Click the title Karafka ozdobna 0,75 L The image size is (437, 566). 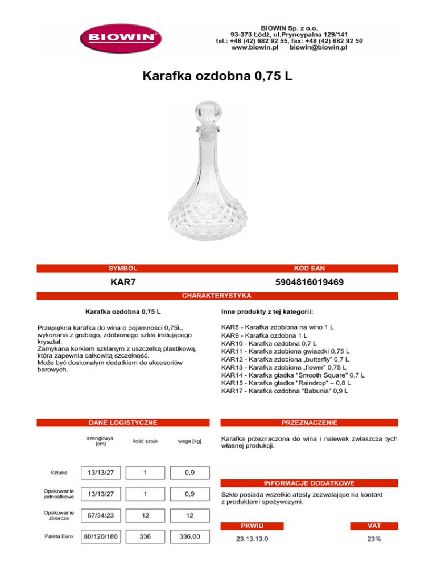(x=218, y=76)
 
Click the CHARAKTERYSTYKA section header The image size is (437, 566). (x=218, y=296)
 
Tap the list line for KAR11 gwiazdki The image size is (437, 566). (x=285, y=351)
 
